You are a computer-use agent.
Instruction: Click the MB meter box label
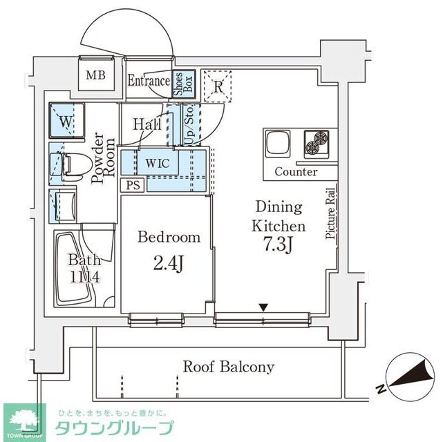95,75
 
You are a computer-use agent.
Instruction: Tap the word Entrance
149,81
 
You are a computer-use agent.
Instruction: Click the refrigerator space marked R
218,86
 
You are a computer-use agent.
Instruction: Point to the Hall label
147,125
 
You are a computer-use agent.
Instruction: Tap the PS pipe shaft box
133,185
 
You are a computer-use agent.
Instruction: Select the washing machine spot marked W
67,123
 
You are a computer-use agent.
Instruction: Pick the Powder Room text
102,160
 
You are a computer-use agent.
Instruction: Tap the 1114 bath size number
84,276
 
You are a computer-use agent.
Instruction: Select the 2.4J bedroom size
169,262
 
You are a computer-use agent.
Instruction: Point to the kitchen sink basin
279,144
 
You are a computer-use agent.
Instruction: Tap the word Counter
296,172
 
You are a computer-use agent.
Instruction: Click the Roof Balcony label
228,367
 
